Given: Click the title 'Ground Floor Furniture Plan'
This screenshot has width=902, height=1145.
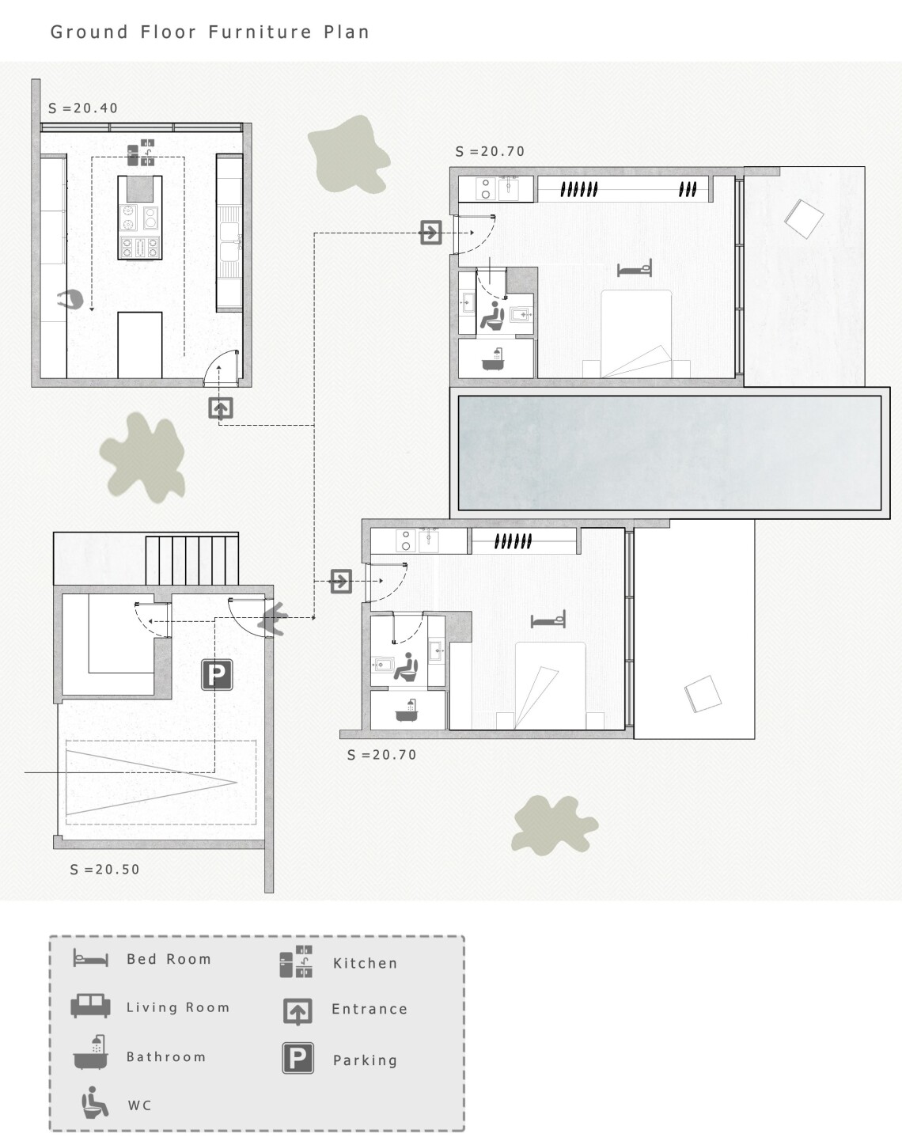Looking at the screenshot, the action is click(x=210, y=32).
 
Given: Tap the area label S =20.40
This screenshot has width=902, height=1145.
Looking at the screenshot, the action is click(x=83, y=108).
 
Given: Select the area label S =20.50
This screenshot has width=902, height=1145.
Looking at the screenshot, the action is click(x=104, y=870).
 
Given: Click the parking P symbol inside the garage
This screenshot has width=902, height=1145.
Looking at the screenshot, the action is click(x=217, y=675).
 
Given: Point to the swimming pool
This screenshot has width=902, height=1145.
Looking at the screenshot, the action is click(x=669, y=453).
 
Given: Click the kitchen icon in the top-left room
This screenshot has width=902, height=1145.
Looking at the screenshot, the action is click(x=141, y=153).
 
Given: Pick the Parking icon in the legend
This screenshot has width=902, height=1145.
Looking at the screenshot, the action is click(x=298, y=1058).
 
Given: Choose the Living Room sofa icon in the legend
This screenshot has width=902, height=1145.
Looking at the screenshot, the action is click(x=90, y=1006).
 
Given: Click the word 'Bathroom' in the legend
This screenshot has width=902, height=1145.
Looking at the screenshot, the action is click(x=166, y=1056).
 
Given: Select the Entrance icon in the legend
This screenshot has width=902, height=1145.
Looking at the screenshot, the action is click(x=298, y=1011).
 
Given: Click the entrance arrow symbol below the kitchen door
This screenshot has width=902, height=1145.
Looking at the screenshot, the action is click(x=220, y=408).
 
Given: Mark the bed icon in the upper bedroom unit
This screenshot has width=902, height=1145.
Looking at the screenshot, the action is click(x=635, y=269).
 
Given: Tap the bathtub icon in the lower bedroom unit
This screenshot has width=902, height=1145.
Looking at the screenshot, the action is click(x=407, y=711).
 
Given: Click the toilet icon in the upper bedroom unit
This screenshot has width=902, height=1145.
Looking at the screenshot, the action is click(x=493, y=315).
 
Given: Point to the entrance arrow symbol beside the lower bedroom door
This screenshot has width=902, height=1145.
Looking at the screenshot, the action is click(x=340, y=581).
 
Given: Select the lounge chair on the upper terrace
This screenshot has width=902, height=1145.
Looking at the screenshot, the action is click(x=804, y=218).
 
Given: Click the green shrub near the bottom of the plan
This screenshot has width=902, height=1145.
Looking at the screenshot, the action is click(x=554, y=825).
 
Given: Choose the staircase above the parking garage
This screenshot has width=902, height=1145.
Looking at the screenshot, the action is click(x=191, y=560).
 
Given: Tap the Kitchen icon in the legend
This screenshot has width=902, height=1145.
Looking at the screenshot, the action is click(x=297, y=961).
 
